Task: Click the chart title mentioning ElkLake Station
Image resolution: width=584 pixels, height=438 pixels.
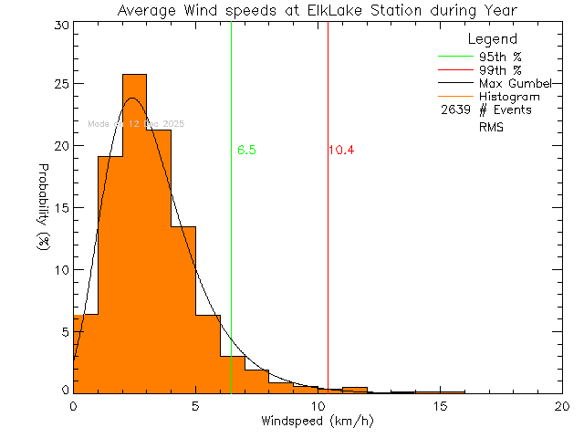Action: (x=317, y=10)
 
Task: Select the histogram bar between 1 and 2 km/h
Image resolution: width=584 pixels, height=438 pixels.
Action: (x=109, y=274)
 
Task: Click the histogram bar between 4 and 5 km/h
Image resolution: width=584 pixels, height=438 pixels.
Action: (x=182, y=309)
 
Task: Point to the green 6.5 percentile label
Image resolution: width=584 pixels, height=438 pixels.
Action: (x=245, y=151)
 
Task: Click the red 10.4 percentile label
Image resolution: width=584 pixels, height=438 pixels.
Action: (x=341, y=151)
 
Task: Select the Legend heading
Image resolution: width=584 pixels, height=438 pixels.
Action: (x=493, y=39)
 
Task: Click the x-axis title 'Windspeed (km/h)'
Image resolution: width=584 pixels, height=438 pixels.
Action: (x=318, y=422)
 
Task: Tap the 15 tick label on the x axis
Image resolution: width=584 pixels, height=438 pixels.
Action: (x=440, y=405)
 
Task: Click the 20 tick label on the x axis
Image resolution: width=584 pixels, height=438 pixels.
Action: (x=562, y=405)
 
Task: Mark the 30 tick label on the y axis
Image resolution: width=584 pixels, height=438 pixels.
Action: (x=59, y=25)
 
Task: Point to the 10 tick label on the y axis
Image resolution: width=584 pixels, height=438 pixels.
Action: (x=59, y=270)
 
